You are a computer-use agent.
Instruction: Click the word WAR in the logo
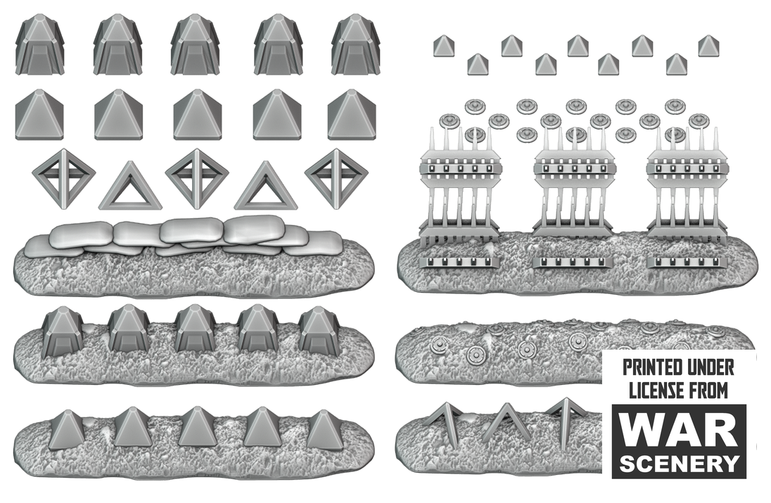tap(679, 431)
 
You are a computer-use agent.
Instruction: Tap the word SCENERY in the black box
tap(679, 463)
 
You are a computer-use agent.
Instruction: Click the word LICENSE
tap(655, 390)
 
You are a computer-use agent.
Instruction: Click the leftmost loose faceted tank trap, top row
tap(40, 44)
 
